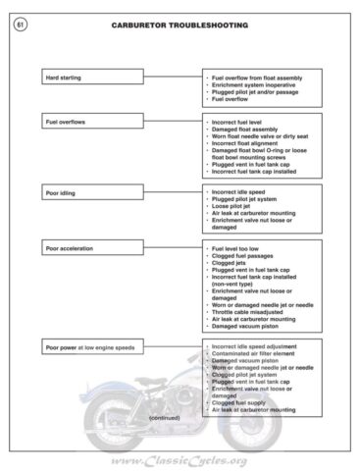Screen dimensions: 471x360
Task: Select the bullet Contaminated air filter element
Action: tap(256, 354)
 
